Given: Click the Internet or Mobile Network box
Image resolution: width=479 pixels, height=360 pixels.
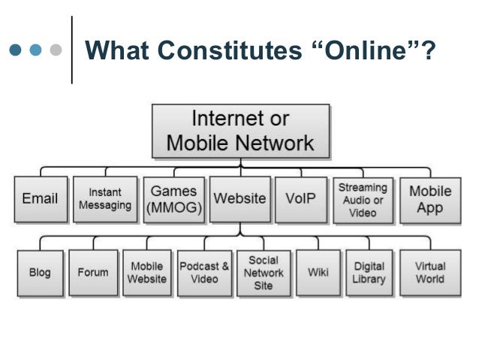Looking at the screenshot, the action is pyautogui.click(x=240, y=131).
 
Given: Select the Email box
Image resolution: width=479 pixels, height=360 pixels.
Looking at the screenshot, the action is pyautogui.click(x=40, y=199).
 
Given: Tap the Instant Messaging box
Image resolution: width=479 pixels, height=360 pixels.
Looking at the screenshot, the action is pyautogui.click(x=105, y=199).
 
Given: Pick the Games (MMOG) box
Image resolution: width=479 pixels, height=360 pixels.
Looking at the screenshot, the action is pyautogui.click(x=173, y=199).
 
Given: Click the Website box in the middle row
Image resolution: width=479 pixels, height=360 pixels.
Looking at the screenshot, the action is pyautogui.click(x=239, y=199).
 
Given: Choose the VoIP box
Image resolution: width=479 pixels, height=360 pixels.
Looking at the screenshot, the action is pyautogui.click(x=300, y=199).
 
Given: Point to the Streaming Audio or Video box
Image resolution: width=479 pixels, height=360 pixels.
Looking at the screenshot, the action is pyautogui.click(x=363, y=199).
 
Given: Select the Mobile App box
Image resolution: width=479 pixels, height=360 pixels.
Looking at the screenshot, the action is pyautogui.click(x=429, y=199).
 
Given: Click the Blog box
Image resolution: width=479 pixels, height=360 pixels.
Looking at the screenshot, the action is pyautogui.click(x=40, y=273).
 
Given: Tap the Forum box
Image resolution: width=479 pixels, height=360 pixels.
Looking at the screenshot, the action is pyautogui.click(x=93, y=273).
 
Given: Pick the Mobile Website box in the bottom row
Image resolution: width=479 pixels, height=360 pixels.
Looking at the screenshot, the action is pyautogui.click(x=146, y=273).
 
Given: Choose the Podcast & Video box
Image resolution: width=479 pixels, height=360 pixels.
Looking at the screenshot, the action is pyautogui.click(x=204, y=273).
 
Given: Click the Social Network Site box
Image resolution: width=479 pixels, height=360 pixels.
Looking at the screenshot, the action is pyautogui.click(x=263, y=273).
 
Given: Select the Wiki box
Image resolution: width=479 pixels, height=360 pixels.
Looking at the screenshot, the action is pyautogui.click(x=318, y=273).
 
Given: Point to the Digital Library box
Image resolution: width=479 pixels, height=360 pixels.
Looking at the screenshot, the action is pyautogui.click(x=369, y=273).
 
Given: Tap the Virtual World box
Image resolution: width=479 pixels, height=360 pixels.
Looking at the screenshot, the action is pyautogui.click(x=429, y=273).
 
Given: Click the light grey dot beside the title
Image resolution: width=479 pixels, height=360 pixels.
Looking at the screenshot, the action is pyautogui.click(x=54, y=52).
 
